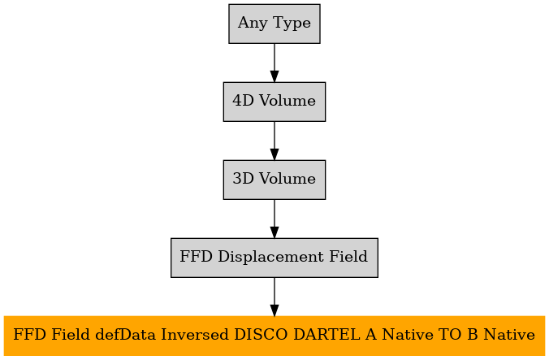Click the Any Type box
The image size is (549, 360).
(274, 24)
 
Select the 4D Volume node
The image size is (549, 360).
(274, 102)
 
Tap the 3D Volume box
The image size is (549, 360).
(274, 180)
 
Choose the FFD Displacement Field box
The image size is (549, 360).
(274, 258)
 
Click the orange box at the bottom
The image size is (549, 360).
(274, 336)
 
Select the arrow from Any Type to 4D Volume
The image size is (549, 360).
(274, 63)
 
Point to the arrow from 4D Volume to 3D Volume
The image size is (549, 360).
(274, 141)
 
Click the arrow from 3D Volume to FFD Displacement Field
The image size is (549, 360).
(274, 219)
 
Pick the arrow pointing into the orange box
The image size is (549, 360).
(274, 297)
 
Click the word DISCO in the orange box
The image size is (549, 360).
(262, 335)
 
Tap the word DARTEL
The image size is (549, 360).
(326, 335)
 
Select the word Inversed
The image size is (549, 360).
(195, 335)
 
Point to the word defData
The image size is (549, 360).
(125, 335)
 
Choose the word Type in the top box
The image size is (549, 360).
(292, 24)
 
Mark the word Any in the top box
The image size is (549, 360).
(253, 24)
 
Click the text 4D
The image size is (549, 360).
(243, 101)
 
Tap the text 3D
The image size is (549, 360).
(243, 179)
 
